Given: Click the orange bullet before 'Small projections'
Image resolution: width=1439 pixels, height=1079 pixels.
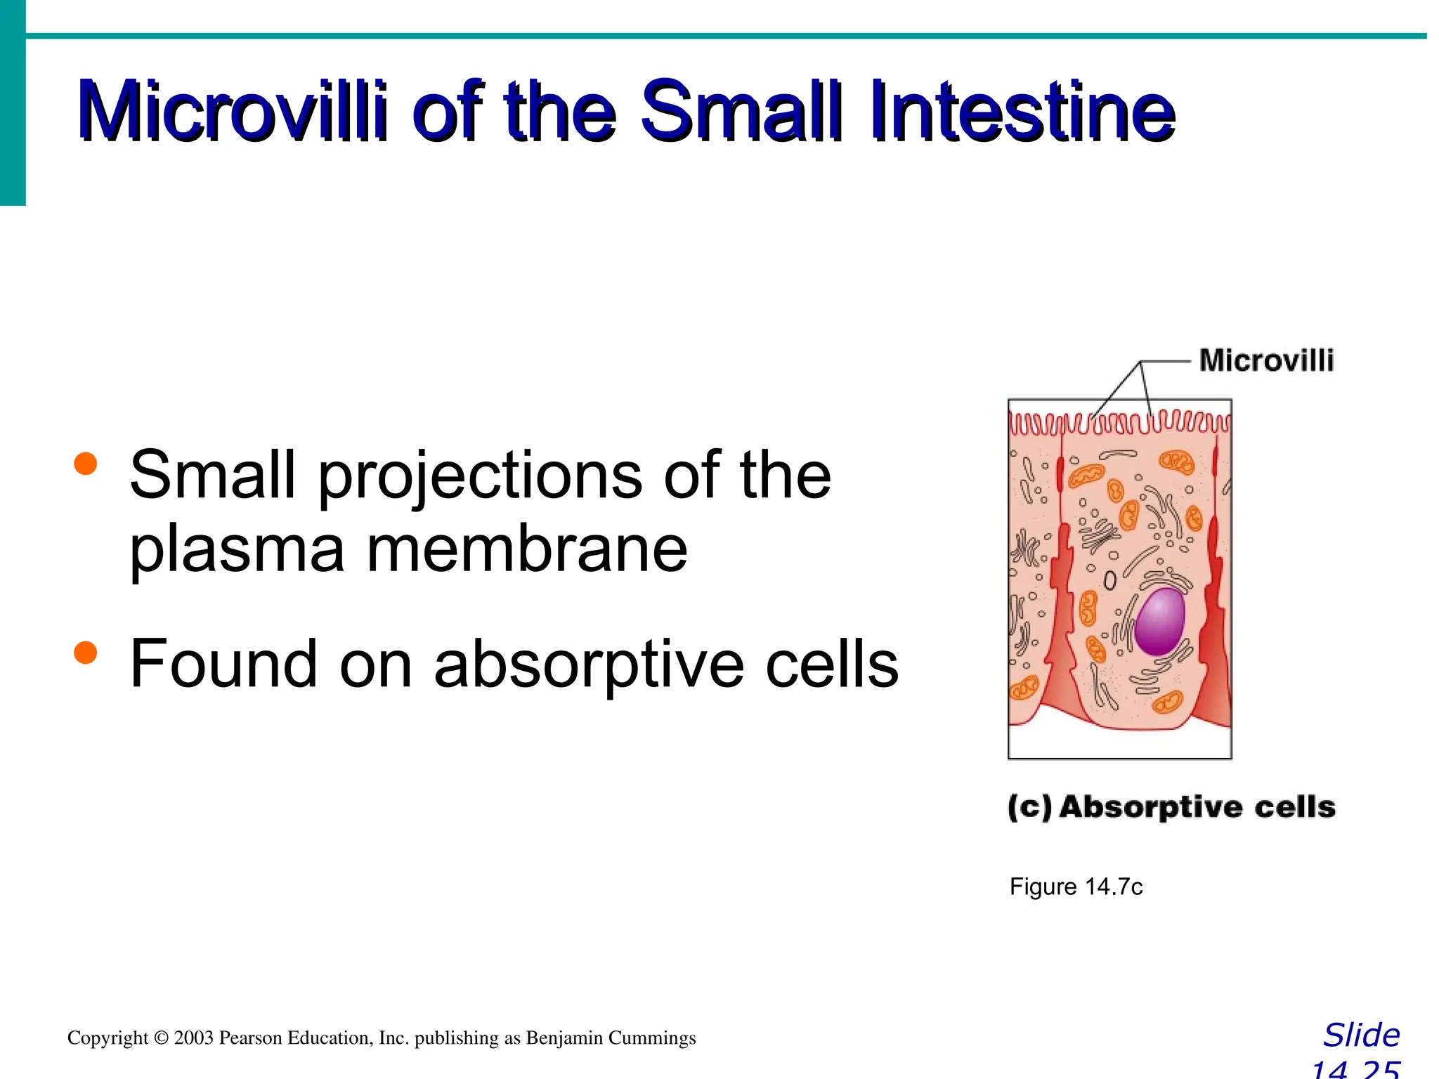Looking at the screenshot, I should click(x=85, y=464).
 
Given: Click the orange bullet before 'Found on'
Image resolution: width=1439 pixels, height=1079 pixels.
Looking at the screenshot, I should click(x=85, y=653).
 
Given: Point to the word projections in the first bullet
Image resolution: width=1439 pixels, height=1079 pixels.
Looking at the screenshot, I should click(x=480, y=478).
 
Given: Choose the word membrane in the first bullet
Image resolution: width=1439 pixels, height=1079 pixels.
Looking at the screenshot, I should click(x=527, y=549).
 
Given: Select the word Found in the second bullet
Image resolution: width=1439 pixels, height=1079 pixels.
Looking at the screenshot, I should click(x=224, y=664).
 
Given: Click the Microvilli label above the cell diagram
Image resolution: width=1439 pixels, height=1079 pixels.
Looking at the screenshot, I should click(x=1266, y=360).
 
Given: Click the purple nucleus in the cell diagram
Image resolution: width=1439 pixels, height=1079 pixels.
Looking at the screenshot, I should click(x=1160, y=621).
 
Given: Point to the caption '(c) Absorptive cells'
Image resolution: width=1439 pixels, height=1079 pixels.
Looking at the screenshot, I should click(x=1171, y=807).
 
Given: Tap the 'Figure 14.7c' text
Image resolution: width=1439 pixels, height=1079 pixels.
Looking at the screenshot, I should click(x=1076, y=887).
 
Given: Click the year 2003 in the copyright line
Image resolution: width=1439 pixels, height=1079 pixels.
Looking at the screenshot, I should click(x=194, y=1038).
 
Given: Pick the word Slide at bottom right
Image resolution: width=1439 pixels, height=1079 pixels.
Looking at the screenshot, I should click(x=1361, y=1035).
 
